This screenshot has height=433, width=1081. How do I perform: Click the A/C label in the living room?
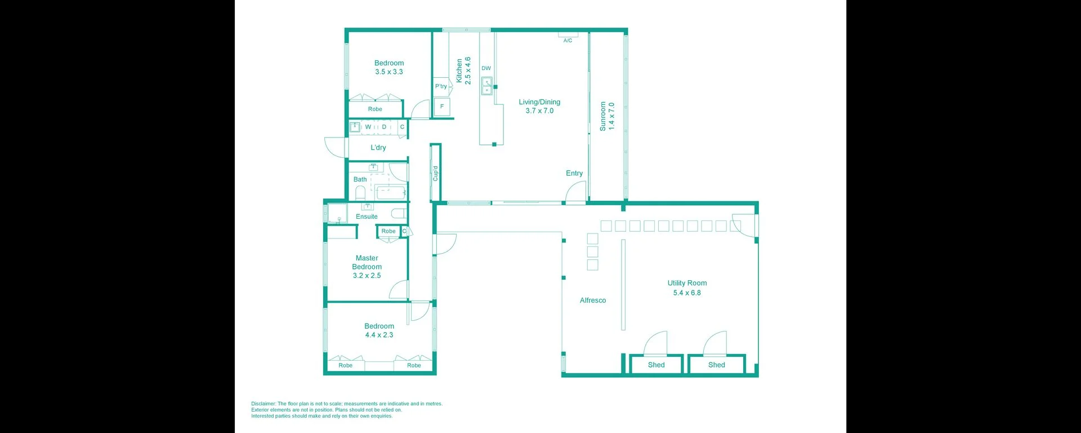(568, 41)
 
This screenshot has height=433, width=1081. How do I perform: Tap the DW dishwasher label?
(486, 68)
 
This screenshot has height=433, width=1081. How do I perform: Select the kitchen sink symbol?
(486, 86)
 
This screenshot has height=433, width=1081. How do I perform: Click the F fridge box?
(442, 107)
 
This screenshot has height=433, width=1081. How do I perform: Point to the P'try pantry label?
(441, 86)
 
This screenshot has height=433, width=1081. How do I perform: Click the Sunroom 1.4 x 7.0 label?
(607, 116)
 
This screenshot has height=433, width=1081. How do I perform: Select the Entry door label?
(574, 173)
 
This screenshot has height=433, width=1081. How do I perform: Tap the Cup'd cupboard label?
(435, 173)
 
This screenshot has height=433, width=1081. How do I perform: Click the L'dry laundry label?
(378, 148)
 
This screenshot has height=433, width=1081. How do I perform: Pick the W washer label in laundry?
(368, 127)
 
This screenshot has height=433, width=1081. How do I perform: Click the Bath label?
(360, 179)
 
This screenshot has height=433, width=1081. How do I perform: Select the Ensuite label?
(367, 216)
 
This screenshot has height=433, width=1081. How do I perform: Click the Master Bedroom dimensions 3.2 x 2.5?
(367, 276)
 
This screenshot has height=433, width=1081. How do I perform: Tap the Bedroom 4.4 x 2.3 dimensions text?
(379, 335)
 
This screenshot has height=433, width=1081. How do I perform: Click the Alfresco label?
(593, 301)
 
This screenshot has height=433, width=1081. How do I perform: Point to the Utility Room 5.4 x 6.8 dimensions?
(687, 293)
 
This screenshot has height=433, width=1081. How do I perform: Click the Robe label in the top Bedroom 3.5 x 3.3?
(375, 109)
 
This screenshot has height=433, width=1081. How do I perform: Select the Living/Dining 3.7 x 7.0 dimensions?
(539, 111)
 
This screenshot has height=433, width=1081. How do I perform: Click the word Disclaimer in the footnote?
(263, 404)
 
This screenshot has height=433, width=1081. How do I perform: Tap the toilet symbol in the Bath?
(360, 193)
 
